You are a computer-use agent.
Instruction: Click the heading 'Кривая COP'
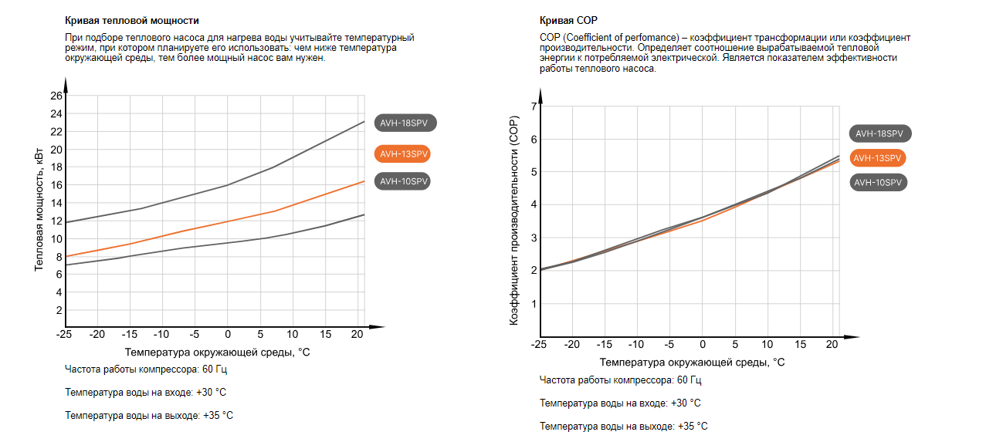click(x=568, y=21)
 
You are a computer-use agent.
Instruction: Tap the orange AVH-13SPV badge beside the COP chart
click(x=877, y=158)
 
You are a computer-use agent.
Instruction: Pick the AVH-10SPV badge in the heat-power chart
click(x=402, y=181)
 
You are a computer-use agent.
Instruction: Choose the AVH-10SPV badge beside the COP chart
click(x=877, y=183)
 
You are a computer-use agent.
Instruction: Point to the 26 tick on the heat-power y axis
click(x=56, y=96)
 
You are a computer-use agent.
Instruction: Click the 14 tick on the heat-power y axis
click(x=56, y=203)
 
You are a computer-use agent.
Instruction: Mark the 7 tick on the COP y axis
click(x=533, y=106)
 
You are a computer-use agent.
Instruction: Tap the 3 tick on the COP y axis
click(x=533, y=238)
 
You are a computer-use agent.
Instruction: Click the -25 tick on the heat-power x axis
click(x=64, y=334)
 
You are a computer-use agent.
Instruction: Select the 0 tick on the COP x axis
click(x=702, y=344)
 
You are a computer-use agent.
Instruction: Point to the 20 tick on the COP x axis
click(x=832, y=344)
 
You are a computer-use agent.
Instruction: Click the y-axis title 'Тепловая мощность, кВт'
click(x=39, y=208)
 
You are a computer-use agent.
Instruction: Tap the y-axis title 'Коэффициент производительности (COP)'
click(x=513, y=220)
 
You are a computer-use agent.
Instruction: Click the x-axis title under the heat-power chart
click(x=217, y=352)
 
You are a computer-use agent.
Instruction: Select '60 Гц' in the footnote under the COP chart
click(x=690, y=380)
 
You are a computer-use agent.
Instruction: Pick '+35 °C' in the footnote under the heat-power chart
click(x=218, y=415)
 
